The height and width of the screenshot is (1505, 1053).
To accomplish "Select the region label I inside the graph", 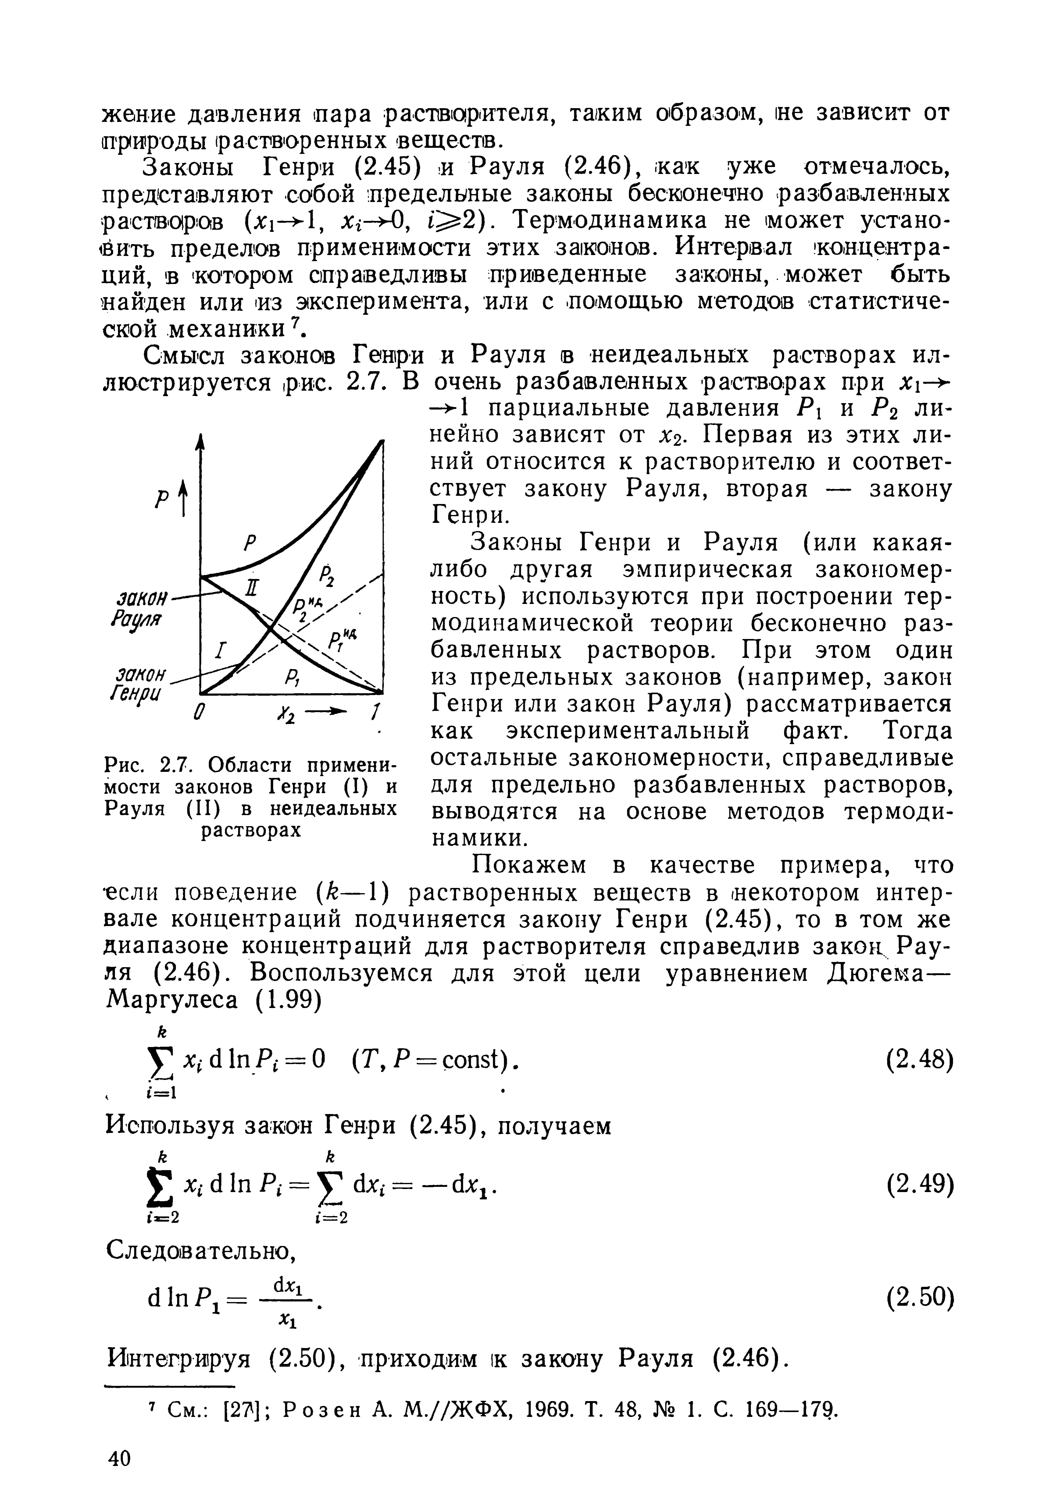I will [223, 651].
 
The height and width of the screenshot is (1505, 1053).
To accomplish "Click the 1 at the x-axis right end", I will [375, 711].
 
